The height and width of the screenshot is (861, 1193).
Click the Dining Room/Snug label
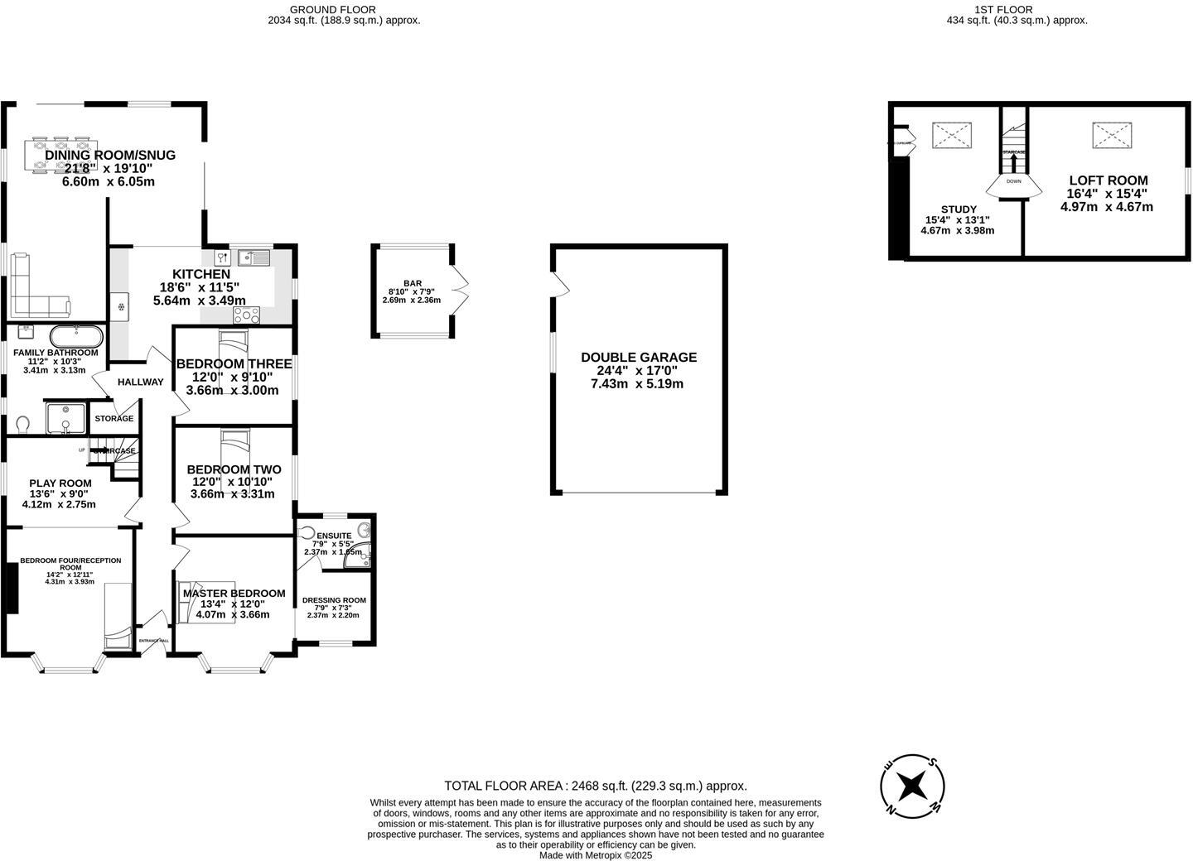[x=110, y=155]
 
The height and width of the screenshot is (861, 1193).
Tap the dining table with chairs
[x=59, y=156]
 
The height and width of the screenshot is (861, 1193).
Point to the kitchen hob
[x=247, y=315]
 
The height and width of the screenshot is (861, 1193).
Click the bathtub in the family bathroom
[x=76, y=336]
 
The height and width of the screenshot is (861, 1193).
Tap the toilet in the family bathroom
[x=23, y=424]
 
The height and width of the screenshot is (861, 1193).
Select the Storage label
[x=114, y=419]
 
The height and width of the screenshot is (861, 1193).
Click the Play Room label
[x=60, y=483]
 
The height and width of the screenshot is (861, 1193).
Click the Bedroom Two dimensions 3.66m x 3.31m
[x=232, y=494]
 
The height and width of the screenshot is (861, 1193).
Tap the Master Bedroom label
[x=234, y=594]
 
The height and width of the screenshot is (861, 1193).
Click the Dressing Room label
[x=334, y=600]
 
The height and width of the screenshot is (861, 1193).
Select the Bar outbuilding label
[x=412, y=283]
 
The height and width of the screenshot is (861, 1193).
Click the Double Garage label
[x=639, y=358]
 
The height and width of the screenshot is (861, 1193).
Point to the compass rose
[x=912, y=784]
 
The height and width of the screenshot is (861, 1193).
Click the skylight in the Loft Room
[x=1110, y=136]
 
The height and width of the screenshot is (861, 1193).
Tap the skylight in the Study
[x=952, y=135]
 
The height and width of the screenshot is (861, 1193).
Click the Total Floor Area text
[x=596, y=786]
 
